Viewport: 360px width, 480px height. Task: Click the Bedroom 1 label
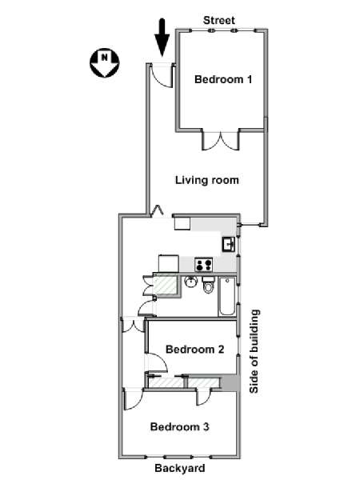pyautogui.click(x=223, y=79)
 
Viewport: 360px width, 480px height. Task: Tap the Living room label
pyautogui.click(x=207, y=180)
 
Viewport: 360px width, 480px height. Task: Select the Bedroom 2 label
pyautogui.click(x=195, y=349)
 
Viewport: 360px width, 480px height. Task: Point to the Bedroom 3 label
pyautogui.click(x=180, y=426)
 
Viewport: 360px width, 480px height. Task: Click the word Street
pyautogui.click(x=219, y=20)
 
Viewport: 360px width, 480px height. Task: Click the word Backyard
pyautogui.click(x=180, y=468)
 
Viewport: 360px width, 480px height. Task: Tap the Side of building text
pyautogui.click(x=254, y=351)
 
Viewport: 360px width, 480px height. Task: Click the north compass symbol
pyautogui.click(x=104, y=62)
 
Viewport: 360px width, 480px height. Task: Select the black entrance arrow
pyautogui.click(x=162, y=38)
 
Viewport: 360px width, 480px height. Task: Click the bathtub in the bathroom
pyautogui.click(x=227, y=296)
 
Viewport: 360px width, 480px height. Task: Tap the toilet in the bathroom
pyautogui.click(x=209, y=285)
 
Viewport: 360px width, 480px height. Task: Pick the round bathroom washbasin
pyautogui.click(x=191, y=282)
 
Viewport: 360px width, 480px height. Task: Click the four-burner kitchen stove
pyautogui.click(x=204, y=264)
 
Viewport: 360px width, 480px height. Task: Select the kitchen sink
pyautogui.click(x=229, y=244)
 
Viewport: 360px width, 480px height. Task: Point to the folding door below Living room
pyautogui.click(x=158, y=210)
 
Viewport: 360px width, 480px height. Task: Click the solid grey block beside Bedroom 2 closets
pyautogui.click(x=229, y=382)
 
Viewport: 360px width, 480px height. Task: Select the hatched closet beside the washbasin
pyautogui.click(x=165, y=286)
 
